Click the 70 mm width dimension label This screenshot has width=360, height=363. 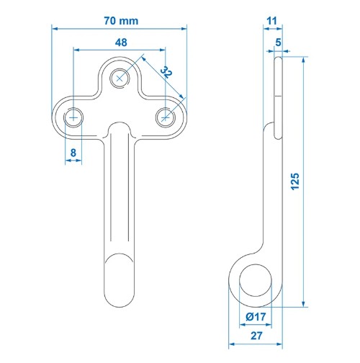(x=121, y=21)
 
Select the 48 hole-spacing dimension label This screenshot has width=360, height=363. (x=121, y=42)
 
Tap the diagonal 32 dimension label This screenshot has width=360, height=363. (x=166, y=72)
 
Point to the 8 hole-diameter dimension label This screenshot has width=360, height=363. (x=73, y=153)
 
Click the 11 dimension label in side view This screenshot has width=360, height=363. (x=271, y=21)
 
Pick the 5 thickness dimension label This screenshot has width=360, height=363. (x=278, y=42)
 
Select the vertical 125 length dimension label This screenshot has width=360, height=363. (x=295, y=181)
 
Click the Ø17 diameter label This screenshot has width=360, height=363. (x=256, y=317)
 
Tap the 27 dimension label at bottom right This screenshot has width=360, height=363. (x=256, y=336)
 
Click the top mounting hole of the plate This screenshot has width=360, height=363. (x=120, y=79)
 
